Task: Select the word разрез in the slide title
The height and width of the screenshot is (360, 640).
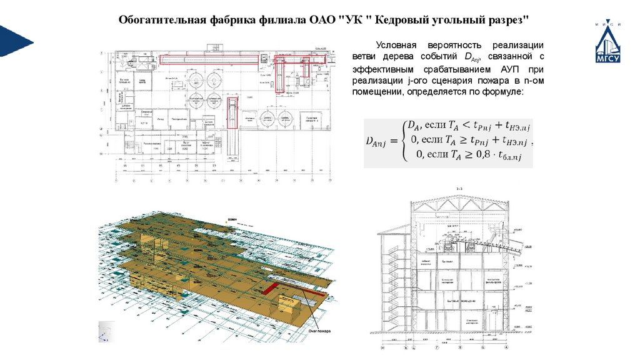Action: pyautogui.click(x=510, y=20)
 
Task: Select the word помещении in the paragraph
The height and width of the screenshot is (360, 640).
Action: pyautogui.click(x=377, y=92)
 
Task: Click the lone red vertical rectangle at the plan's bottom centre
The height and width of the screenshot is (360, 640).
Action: pyautogui.click(x=232, y=112)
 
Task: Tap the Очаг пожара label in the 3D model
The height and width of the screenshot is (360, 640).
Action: pyautogui.click(x=319, y=330)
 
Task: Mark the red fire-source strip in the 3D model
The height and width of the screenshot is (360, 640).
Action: pyautogui.click(x=271, y=289)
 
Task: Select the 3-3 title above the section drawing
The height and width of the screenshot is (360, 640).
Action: pyautogui.click(x=459, y=187)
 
